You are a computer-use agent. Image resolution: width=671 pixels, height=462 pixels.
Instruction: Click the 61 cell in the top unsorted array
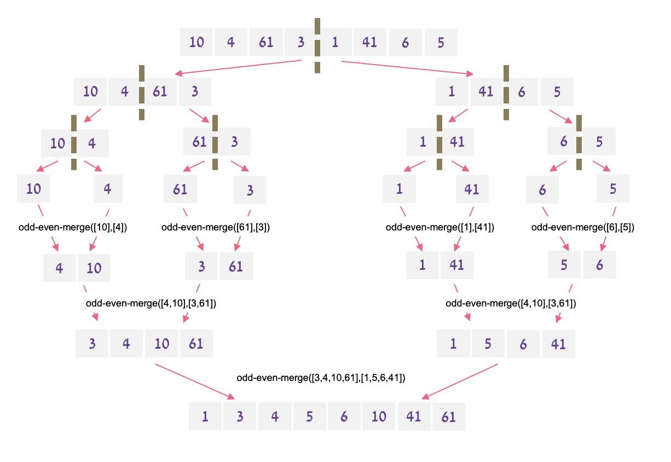tap(266, 42)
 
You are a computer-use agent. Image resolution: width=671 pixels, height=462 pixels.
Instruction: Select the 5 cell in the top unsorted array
tap(441, 42)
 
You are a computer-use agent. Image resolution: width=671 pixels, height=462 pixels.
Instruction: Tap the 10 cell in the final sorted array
tap(379, 417)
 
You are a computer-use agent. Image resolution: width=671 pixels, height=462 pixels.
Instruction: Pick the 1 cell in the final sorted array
tap(205, 417)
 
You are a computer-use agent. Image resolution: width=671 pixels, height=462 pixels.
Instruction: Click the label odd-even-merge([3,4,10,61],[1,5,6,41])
tap(321, 378)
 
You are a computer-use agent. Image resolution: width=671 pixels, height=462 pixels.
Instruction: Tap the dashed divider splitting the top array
tap(317, 45)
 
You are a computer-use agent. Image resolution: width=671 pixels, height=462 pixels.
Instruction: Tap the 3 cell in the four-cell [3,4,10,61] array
tap(92, 344)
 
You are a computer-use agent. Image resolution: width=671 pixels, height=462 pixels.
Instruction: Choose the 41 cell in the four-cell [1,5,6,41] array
tap(559, 344)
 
